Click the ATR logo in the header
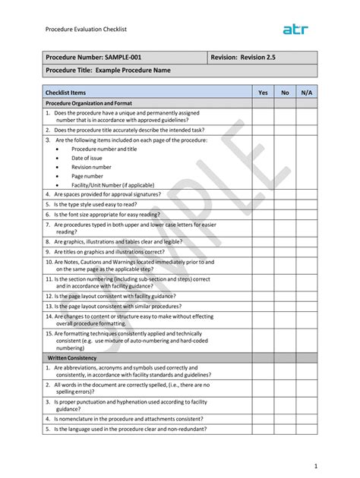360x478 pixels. coord(295,29)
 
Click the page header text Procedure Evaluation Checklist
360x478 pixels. coord(85,30)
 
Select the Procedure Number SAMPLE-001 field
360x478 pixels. coord(93,58)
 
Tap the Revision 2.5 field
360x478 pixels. coord(243,58)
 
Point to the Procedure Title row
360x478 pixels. coord(108,71)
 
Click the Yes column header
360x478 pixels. coord(263,92)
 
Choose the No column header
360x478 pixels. coord(285,92)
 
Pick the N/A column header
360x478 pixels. coord(307,92)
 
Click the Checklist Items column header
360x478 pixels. coord(66,92)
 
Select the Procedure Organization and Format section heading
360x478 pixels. coord(89,103)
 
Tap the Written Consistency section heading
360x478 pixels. coord(72,357)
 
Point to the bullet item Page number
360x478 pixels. coord(87,176)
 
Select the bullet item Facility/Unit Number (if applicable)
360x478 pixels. coord(112,185)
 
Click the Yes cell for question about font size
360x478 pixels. coord(263,215)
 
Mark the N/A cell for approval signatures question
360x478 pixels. coord(307,194)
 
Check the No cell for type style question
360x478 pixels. coord(285,205)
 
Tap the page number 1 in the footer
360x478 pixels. coord(314,464)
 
